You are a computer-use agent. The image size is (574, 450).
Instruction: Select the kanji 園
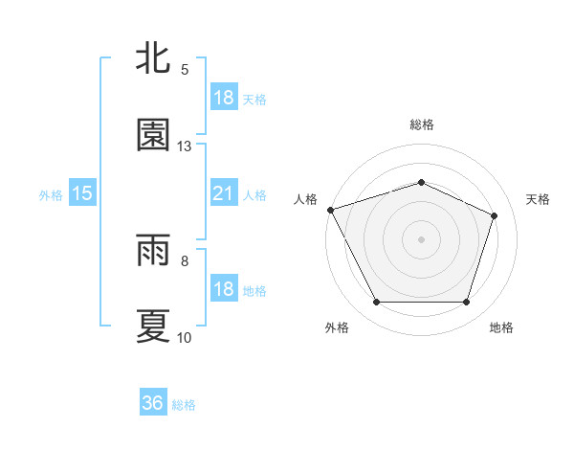click(x=153, y=135)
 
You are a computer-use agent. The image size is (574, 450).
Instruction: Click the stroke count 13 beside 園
click(x=185, y=146)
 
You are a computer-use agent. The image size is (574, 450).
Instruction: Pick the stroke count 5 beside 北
click(x=185, y=70)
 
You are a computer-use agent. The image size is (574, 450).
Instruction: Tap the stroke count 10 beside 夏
click(x=185, y=338)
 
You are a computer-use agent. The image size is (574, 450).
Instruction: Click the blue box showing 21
click(x=223, y=194)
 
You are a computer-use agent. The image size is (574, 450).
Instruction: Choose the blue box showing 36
click(x=153, y=404)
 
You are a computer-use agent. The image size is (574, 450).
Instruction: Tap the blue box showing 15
click(x=82, y=194)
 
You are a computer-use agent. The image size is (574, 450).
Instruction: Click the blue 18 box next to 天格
click(x=223, y=99)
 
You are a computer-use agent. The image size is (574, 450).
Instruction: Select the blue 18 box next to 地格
click(x=223, y=290)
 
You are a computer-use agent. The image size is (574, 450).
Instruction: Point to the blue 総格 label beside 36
click(x=184, y=405)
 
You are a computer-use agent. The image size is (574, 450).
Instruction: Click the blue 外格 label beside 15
click(x=51, y=195)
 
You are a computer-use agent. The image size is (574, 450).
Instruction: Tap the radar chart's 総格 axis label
click(x=421, y=124)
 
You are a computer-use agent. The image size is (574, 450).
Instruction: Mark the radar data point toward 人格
click(x=330, y=210)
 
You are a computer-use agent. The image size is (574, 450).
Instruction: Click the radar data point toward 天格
click(x=495, y=215)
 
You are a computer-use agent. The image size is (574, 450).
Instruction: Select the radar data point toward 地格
click(x=466, y=303)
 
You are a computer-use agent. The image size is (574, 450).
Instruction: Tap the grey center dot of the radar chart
click(x=421, y=238)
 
